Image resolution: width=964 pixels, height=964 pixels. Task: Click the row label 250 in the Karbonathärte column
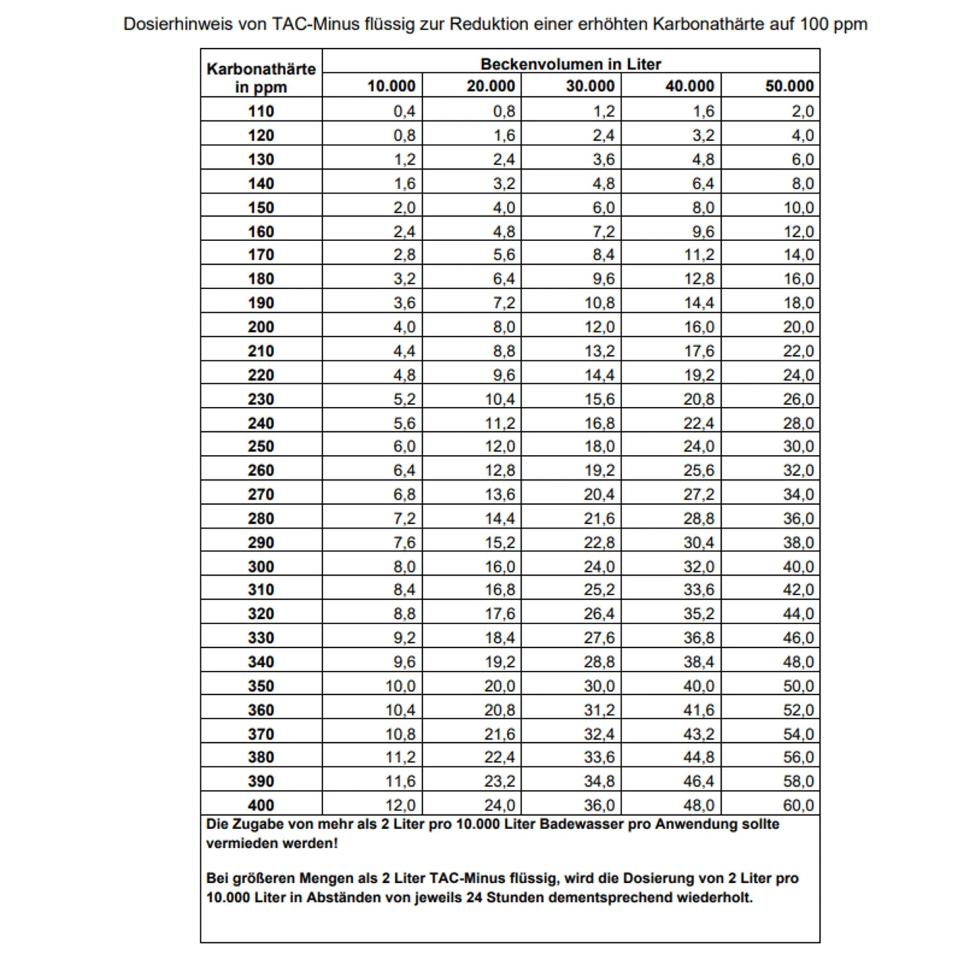(x=261, y=447)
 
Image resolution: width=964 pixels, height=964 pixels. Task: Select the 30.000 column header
(x=590, y=86)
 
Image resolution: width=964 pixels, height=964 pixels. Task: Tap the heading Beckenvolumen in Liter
(x=571, y=64)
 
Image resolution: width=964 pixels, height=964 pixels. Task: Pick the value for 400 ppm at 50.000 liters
(x=798, y=805)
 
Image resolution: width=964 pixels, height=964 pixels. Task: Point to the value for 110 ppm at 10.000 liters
(x=404, y=111)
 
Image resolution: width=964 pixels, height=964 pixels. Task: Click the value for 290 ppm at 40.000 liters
(x=699, y=543)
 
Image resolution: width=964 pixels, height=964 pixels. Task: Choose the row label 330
(x=261, y=638)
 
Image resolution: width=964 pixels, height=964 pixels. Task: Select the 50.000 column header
(x=789, y=86)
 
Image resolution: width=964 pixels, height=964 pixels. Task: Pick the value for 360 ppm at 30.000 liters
(x=599, y=710)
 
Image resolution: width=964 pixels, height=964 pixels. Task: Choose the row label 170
(x=261, y=255)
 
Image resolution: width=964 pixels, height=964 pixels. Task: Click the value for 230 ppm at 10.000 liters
(x=404, y=400)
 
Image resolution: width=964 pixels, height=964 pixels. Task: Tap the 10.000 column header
(x=391, y=86)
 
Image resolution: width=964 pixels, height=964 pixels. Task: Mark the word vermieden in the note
(x=235, y=844)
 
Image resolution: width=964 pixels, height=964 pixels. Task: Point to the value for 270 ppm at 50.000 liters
(x=798, y=495)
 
